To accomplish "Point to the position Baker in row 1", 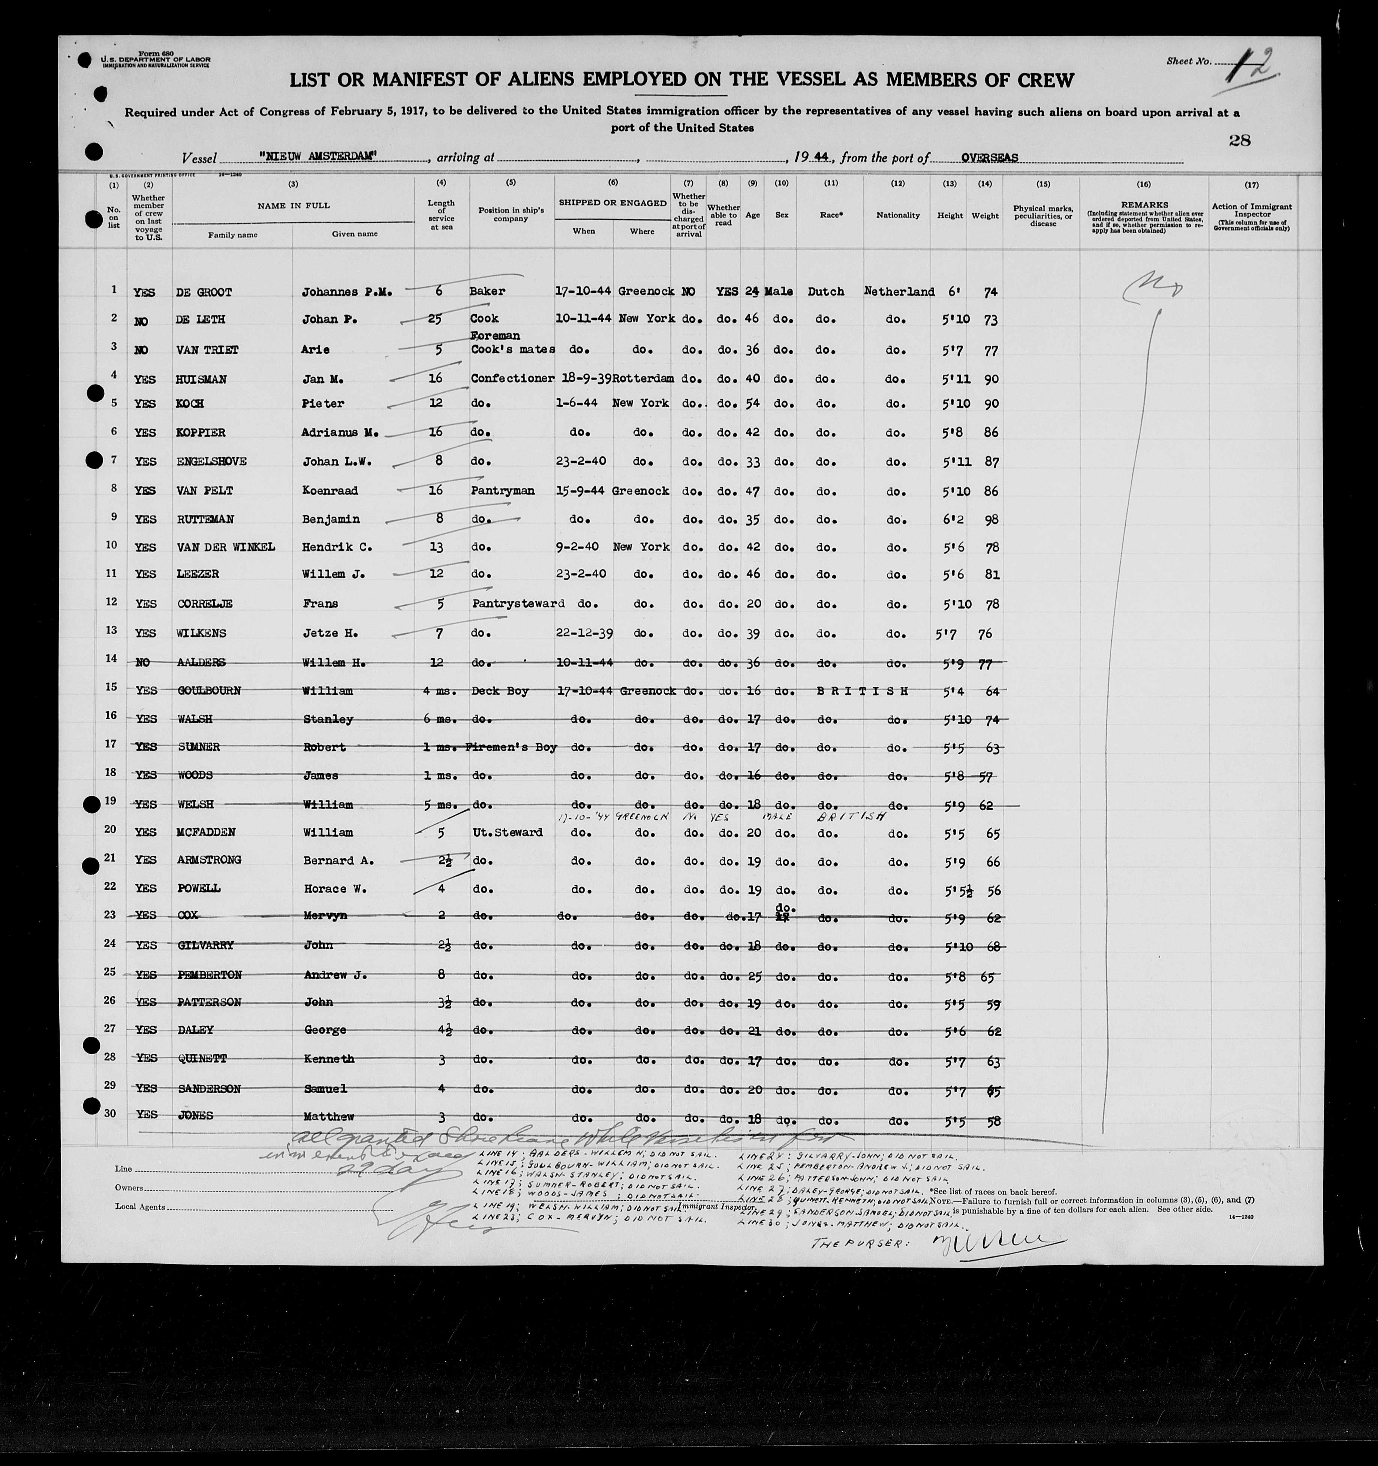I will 487,291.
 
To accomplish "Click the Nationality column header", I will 898,215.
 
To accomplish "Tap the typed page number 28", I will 1239,140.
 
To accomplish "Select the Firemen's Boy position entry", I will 511,747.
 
